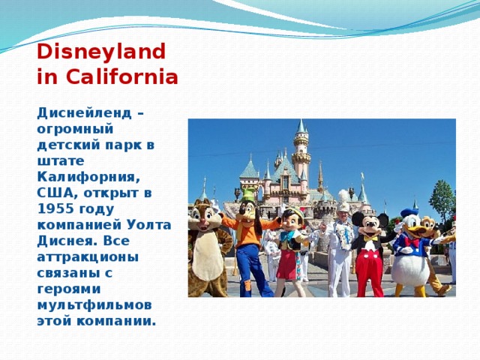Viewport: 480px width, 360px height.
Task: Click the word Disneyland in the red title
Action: pos(101,52)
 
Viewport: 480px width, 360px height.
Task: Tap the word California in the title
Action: pos(121,76)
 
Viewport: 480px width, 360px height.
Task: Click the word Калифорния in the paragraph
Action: pos(88,178)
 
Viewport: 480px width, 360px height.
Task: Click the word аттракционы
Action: pos(88,257)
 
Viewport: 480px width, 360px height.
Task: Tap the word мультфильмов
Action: pos(94,306)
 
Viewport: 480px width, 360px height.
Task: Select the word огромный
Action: pos(75,130)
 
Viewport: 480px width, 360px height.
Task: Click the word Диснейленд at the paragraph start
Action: pos(84,113)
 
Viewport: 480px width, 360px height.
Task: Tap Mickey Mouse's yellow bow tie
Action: pos(370,238)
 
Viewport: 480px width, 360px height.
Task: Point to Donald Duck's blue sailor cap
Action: pos(409,212)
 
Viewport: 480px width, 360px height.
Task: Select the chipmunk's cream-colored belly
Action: pos(208,256)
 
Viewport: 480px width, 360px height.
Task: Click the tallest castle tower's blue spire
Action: pos(301,127)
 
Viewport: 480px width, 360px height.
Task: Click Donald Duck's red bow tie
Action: pos(412,241)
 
